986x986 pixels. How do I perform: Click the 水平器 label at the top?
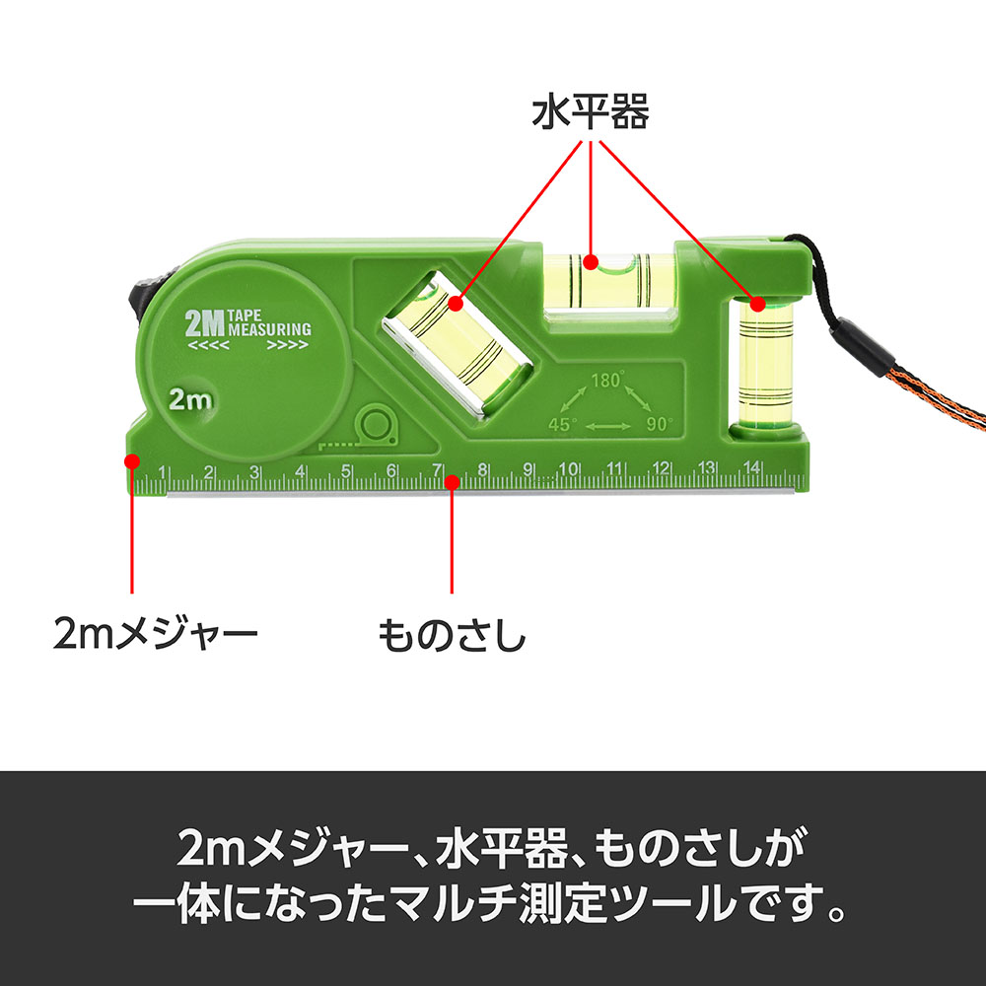tap(591, 113)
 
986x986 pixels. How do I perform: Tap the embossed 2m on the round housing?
tap(191, 399)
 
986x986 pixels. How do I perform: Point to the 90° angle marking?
tap(660, 424)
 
